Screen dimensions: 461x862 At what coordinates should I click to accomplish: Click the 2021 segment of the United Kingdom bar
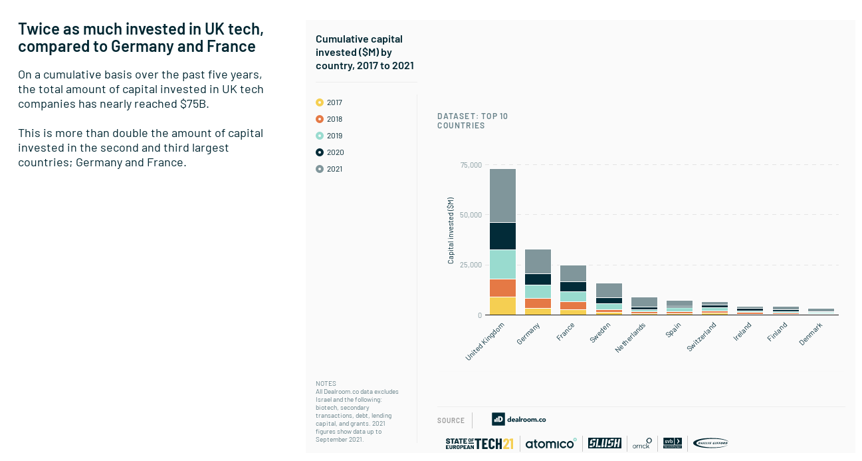point(502,196)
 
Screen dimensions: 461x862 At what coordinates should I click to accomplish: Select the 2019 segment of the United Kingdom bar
point(502,264)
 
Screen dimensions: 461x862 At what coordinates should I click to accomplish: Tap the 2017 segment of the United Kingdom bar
point(502,306)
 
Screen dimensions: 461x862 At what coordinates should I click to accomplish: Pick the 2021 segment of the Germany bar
point(538,261)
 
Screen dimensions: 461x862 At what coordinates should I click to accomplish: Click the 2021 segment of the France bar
point(573,273)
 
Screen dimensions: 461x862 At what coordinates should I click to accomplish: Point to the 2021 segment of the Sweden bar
point(609,290)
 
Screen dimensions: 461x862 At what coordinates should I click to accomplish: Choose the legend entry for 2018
point(330,119)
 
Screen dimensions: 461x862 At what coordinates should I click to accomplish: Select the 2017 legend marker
point(320,102)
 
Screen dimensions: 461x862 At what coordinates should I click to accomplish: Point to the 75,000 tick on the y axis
point(471,165)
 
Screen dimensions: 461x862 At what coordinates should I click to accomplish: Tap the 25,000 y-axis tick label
point(471,265)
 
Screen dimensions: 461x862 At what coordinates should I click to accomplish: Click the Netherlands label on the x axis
point(630,337)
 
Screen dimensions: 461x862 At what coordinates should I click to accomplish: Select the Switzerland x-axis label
point(701,337)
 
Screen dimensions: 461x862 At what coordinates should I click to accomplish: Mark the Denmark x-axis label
point(811,334)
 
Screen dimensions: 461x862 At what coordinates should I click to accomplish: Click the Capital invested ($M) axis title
point(451,231)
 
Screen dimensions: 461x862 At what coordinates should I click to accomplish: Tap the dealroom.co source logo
point(519,419)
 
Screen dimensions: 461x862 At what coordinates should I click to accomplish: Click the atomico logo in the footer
point(551,444)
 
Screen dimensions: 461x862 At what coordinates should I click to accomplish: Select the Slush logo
point(605,443)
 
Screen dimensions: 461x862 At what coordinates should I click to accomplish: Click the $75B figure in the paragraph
point(194,104)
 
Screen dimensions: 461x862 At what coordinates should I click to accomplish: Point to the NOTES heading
point(326,384)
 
